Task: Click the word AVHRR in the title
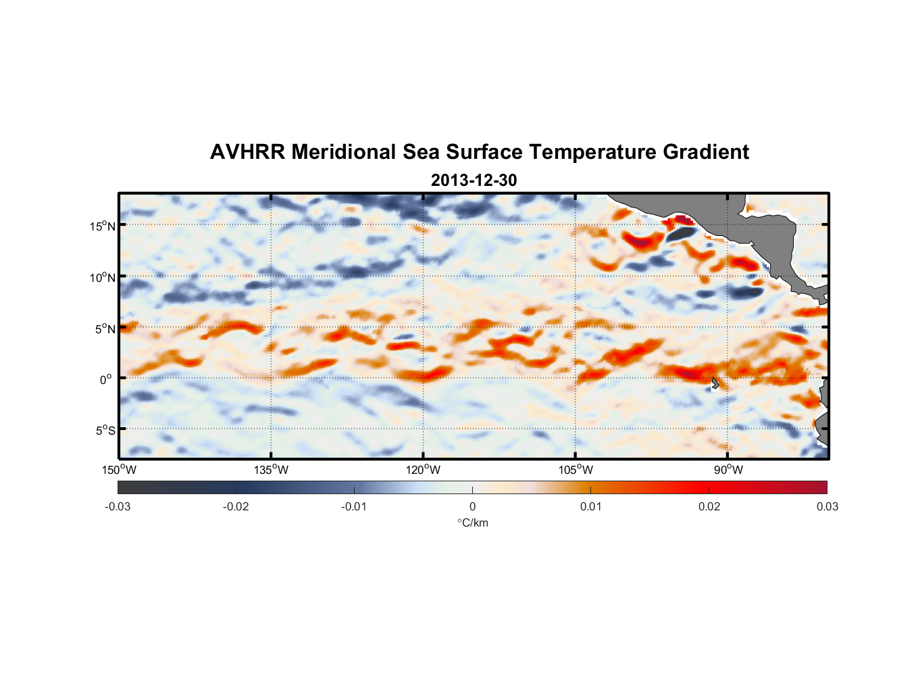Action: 247,152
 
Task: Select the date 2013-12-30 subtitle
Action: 474,180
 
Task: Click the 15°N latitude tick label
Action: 102,226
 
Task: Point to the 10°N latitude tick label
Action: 102,277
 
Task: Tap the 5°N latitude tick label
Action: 104,329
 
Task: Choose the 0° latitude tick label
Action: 106,379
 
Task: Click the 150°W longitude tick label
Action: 119,470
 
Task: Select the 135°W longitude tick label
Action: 271,470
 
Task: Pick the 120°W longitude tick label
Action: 423,470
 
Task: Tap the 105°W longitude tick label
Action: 576,470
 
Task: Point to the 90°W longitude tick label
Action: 728,470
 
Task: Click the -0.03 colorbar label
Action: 118,506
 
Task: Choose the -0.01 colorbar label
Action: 354,506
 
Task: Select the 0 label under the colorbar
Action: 472,506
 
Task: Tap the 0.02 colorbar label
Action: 709,506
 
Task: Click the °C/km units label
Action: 472,523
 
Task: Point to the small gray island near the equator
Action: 715,383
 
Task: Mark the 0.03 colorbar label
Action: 827,506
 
